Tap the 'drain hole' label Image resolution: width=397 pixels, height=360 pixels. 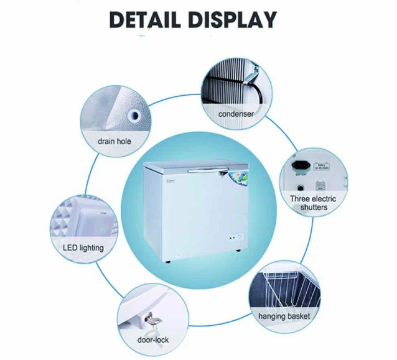(x=114, y=141)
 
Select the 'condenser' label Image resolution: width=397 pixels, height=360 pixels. (x=235, y=114)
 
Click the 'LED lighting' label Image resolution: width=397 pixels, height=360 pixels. (x=83, y=247)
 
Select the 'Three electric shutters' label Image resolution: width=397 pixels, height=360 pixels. (x=312, y=203)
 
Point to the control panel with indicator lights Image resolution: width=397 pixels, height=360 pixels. (x=235, y=238)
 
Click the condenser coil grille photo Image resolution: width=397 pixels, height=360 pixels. (x=227, y=87)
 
